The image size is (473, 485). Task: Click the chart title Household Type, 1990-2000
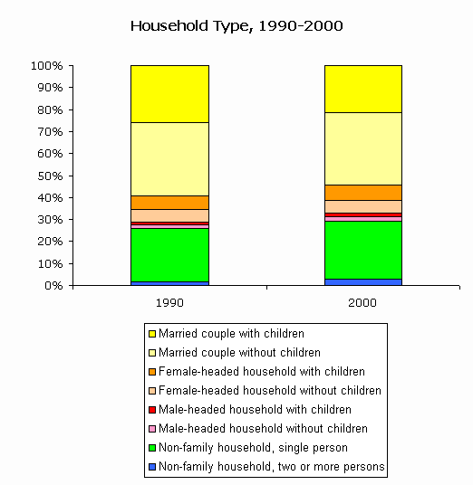pyautogui.click(x=236, y=26)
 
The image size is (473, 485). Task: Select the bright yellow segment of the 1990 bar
pyautogui.click(x=169, y=94)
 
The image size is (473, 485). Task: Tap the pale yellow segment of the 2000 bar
pyautogui.click(x=363, y=148)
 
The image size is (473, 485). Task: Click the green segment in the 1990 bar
pyautogui.click(x=169, y=255)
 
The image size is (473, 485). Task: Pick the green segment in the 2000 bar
pyautogui.click(x=363, y=251)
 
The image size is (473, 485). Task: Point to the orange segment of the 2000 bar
pyautogui.click(x=363, y=193)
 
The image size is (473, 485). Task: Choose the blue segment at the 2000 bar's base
pyautogui.click(x=363, y=282)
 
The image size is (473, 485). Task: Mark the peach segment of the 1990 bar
pyautogui.click(x=169, y=215)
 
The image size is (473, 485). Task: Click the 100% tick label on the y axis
pyautogui.click(x=47, y=66)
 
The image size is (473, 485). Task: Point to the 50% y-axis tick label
pyautogui.click(x=50, y=176)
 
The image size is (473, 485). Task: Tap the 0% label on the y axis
pyautogui.click(x=53, y=285)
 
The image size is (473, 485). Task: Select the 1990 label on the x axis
pyautogui.click(x=169, y=303)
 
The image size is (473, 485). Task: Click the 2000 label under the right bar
pyautogui.click(x=362, y=303)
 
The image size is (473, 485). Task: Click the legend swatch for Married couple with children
pyautogui.click(x=152, y=334)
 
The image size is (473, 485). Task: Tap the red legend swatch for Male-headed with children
pyautogui.click(x=152, y=410)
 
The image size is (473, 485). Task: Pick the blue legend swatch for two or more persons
pyautogui.click(x=152, y=467)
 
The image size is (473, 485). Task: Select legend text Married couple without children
pyautogui.click(x=239, y=353)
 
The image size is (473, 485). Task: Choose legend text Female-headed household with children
pyautogui.click(x=262, y=372)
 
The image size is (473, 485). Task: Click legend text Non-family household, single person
pyautogui.click(x=253, y=448)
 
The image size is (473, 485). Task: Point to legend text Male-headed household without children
pyautogui.click(x=263, y=429)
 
